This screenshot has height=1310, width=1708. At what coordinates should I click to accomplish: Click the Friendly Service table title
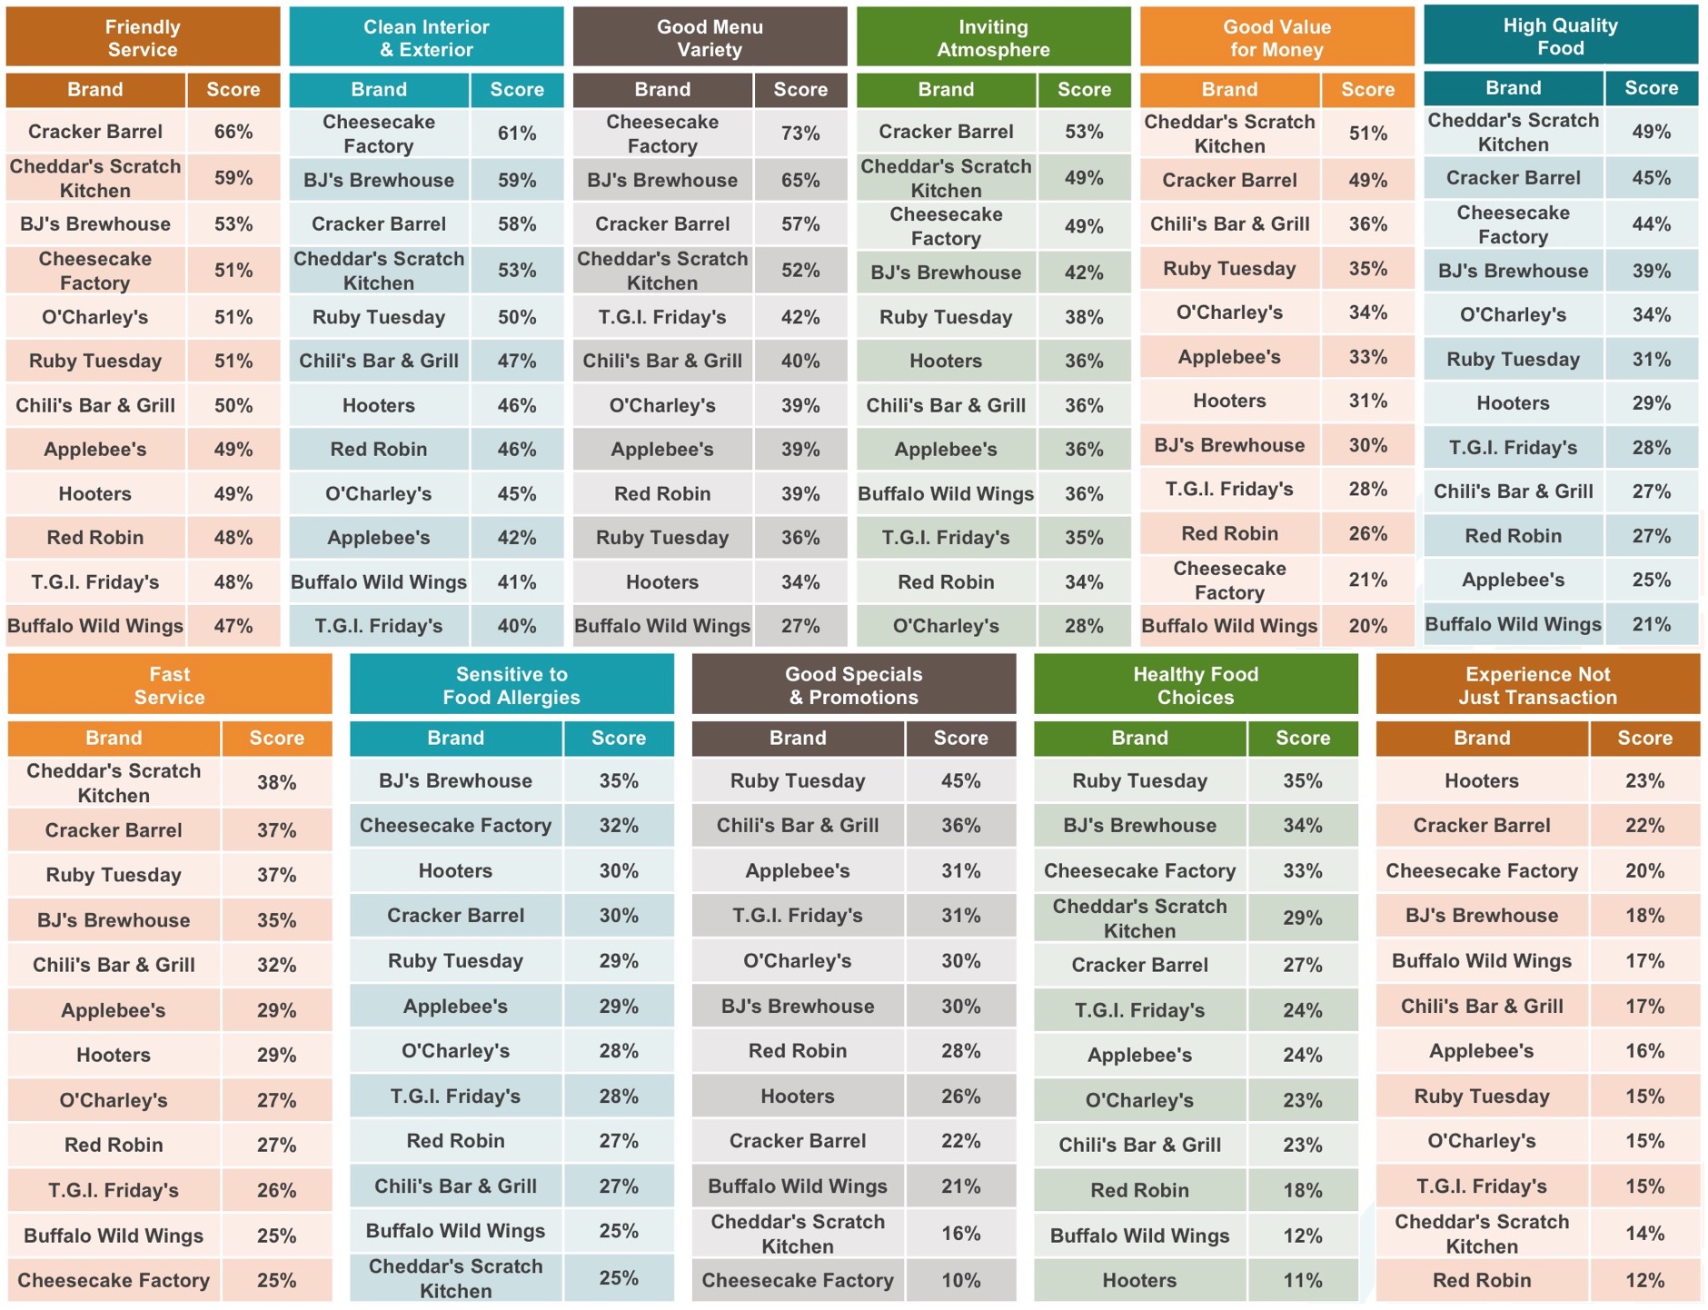pos(143,38)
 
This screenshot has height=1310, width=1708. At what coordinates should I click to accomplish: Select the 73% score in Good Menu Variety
pos(799,134)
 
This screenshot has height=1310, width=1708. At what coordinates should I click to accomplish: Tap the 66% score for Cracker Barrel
pos(233,132)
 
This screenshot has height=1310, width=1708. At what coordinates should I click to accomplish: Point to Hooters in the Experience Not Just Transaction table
pos(1481,780)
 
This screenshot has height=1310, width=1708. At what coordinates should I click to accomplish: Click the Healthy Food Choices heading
pos(1195,686)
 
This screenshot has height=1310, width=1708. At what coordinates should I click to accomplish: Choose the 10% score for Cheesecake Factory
pos(960,1280)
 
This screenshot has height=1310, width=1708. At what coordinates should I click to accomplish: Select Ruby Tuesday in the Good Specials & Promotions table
pos(797,780)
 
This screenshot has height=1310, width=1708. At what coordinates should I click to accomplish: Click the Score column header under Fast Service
pos(276,738)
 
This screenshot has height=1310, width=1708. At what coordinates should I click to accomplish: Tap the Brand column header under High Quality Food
pos(1513,88)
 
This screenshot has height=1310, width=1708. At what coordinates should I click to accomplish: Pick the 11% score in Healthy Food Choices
pos(1302,1280)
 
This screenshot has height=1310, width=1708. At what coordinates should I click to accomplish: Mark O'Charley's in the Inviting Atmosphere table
pos(945,626)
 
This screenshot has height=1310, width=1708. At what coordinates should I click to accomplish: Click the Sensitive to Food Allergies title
pos(511,686)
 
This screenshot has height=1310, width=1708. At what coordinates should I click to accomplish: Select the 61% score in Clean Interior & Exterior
pos(516,134)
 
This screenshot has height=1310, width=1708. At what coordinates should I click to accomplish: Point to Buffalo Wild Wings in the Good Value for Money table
pos(1228,626)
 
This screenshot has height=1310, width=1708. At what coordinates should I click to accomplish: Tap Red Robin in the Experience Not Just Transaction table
pos(1481,1280)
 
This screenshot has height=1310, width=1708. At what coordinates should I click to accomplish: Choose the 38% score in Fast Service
pos(276,782)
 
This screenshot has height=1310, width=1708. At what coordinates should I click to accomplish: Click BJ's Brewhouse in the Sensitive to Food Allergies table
pos(455,780)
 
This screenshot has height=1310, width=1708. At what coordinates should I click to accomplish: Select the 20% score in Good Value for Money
pos(1367,626)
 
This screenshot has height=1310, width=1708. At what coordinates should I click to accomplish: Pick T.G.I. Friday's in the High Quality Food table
pos(1513,447)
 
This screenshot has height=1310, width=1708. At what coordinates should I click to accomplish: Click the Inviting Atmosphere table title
pos(993,38)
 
